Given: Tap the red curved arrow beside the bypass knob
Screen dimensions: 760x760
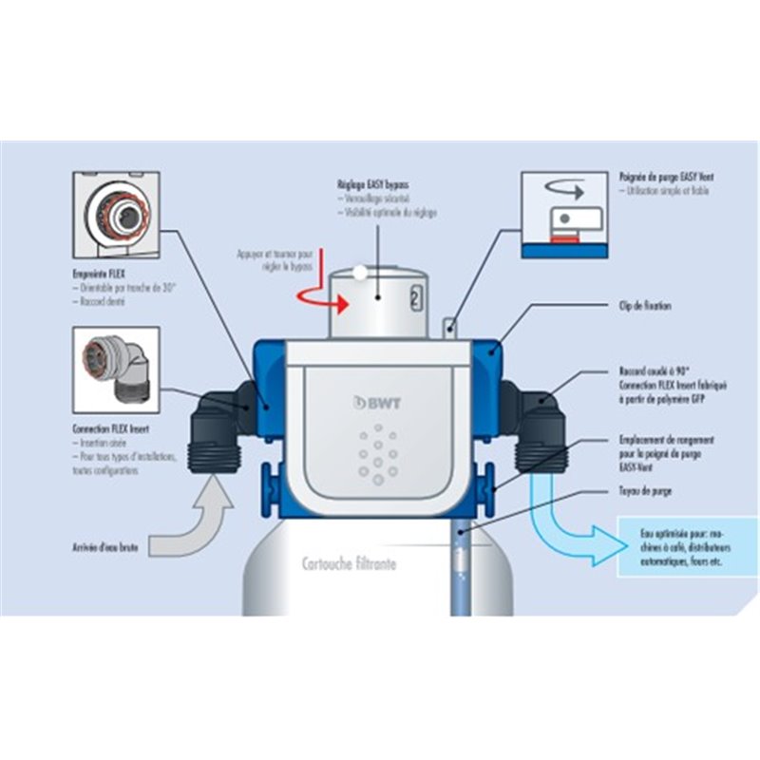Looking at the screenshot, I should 313,298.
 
